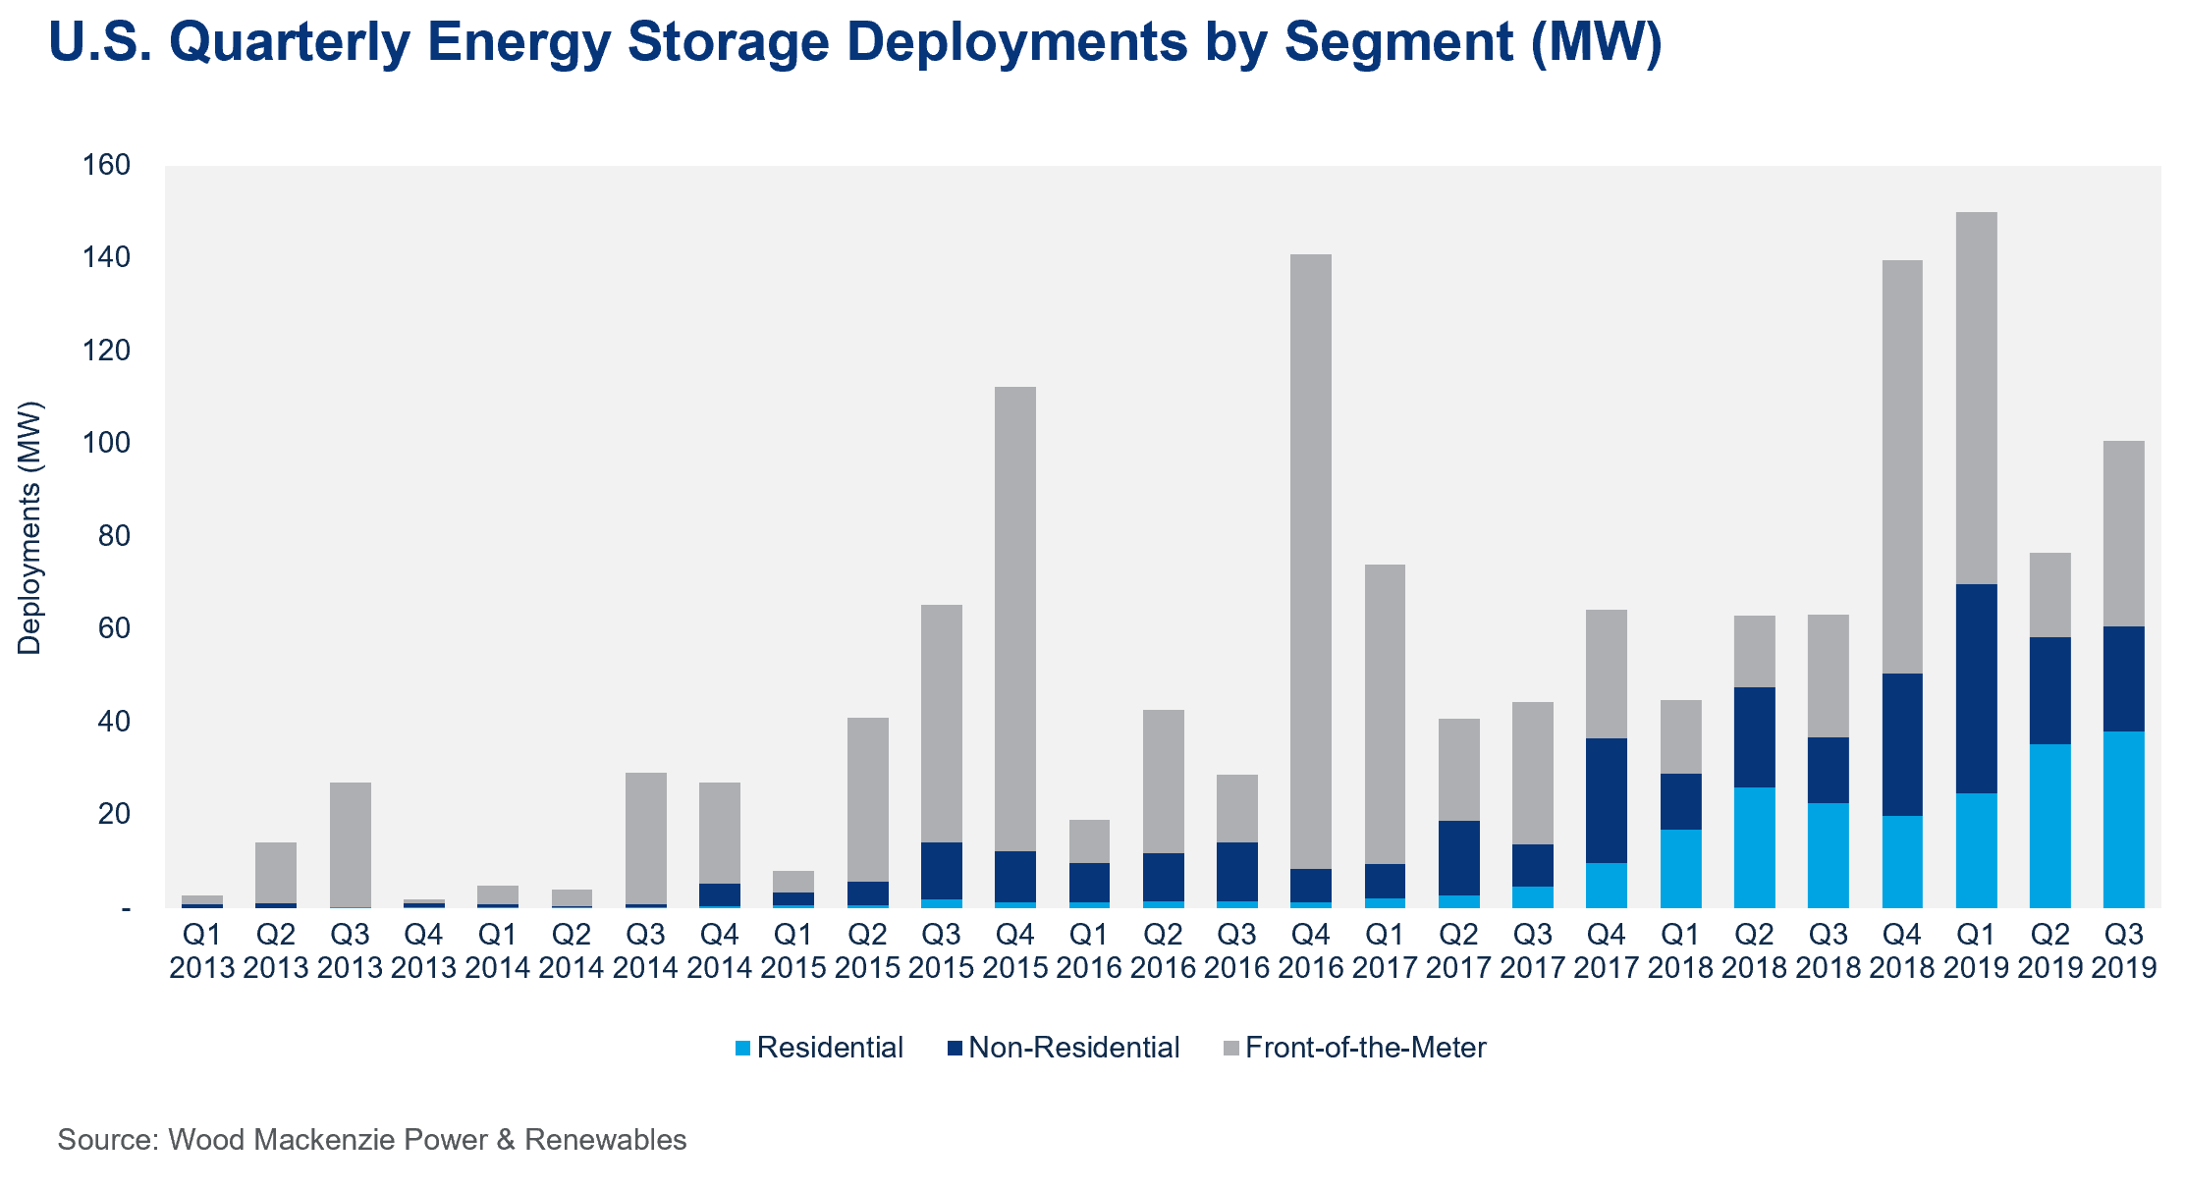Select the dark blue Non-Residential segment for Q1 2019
point(1976,688)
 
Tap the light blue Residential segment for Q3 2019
point(2123,819)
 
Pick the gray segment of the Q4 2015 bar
point(1015,619)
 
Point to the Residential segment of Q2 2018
point(1754,847)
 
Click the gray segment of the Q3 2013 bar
point(351,844)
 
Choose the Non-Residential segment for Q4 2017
point(1607,800)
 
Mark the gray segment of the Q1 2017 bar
point(1385,714)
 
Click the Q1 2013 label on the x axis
point(201,949)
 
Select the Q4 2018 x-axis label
point(1902,949)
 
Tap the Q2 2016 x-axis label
point(1163,949)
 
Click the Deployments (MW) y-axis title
point(29,527)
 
